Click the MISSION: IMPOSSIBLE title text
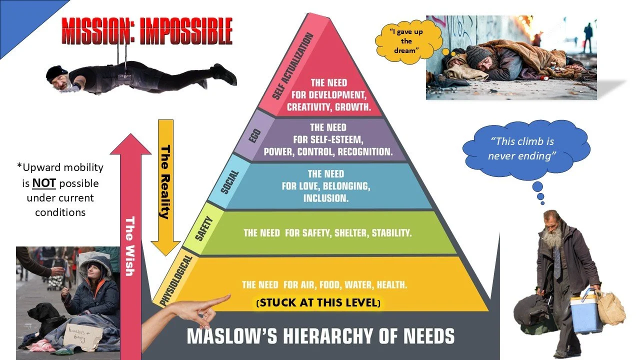coord(146,31)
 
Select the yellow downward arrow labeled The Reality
coord(165,185)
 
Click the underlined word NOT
coord(44,183)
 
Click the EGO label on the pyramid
coord(252,135)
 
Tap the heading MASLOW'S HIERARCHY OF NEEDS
coord(320,335)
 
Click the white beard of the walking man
coord(551,239)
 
